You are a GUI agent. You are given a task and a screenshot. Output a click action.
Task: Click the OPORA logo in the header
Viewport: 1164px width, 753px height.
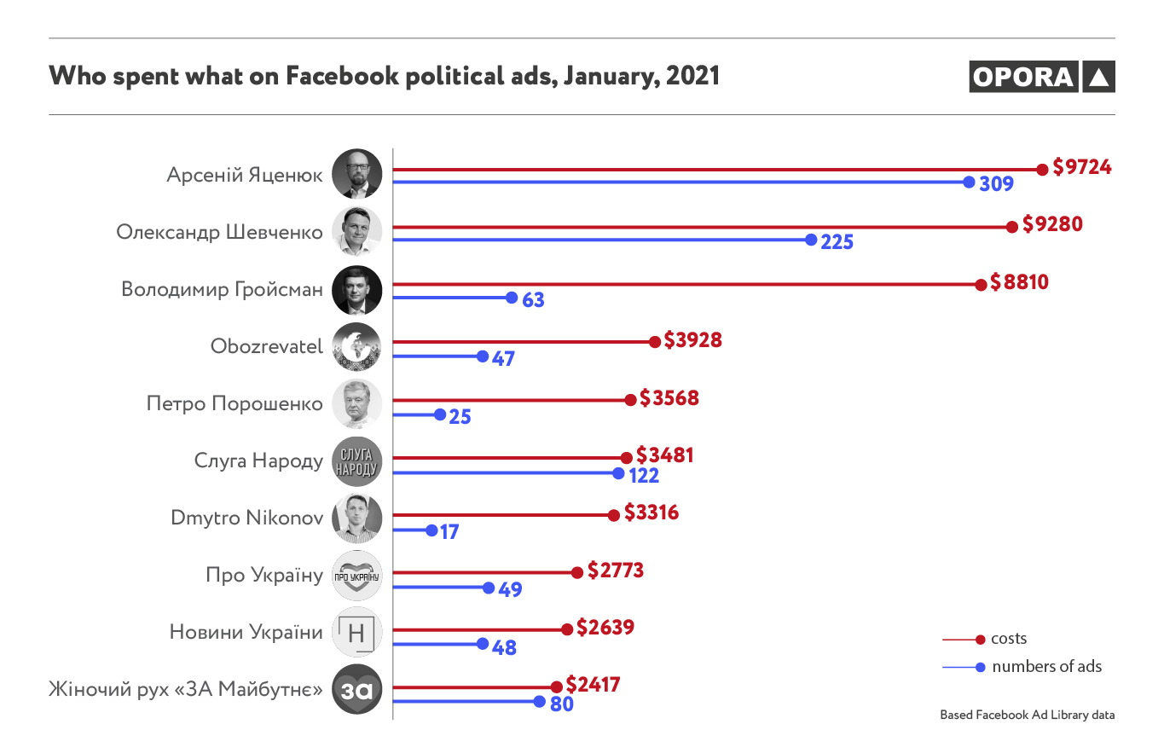(x=1041, y=77)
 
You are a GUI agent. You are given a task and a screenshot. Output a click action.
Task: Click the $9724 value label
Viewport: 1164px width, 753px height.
(x=1081, y=167)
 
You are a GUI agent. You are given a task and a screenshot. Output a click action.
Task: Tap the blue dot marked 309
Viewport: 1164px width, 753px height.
(x=969, y=182)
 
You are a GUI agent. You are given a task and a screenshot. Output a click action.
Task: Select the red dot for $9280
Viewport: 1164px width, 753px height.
(x=1012, y=227)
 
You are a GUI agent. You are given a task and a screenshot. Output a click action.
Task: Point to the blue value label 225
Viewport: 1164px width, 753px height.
(x=837, y=241)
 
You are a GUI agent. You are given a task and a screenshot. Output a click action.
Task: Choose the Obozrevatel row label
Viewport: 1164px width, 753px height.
(x=267, y=346)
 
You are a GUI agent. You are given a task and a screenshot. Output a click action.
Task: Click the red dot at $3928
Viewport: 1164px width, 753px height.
(x=655, y=342)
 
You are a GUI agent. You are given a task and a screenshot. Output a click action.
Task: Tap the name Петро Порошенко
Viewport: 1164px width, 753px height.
(x=235, y=403)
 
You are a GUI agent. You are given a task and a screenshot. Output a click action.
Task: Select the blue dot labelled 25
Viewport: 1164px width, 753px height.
(x=440, y=415)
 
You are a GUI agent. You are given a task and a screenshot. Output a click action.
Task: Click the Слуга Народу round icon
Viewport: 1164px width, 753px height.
(x=356, y=462)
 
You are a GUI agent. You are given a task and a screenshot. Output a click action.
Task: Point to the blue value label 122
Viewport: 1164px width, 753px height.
(x=644, y=474)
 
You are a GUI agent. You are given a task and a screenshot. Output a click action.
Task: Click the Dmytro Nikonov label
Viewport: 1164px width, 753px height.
(x=247, y=518)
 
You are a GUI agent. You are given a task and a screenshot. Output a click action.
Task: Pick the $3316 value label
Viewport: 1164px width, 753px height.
(x=651, y=513)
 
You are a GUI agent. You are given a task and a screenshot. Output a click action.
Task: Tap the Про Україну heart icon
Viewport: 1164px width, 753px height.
(x=356, y=576)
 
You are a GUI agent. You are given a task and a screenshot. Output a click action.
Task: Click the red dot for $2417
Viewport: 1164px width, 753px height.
(x=557, y=687)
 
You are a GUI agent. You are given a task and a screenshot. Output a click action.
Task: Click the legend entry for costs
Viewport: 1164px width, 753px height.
(x=1008, y=639)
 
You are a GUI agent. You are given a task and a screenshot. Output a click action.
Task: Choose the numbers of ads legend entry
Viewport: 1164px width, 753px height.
(x=1046, y=667)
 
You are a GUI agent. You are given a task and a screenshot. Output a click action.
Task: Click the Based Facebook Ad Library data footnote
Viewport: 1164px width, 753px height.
(x=1027, y=715)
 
